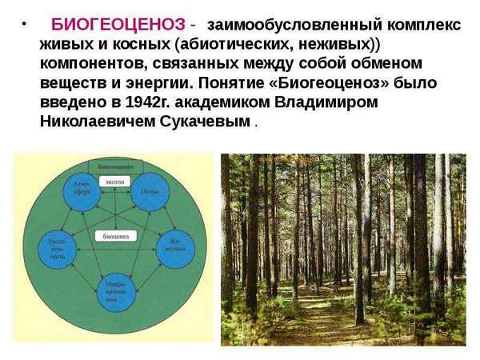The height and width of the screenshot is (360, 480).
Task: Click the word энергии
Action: point(147,83)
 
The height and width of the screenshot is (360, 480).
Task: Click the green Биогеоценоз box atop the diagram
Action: point(115,166)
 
